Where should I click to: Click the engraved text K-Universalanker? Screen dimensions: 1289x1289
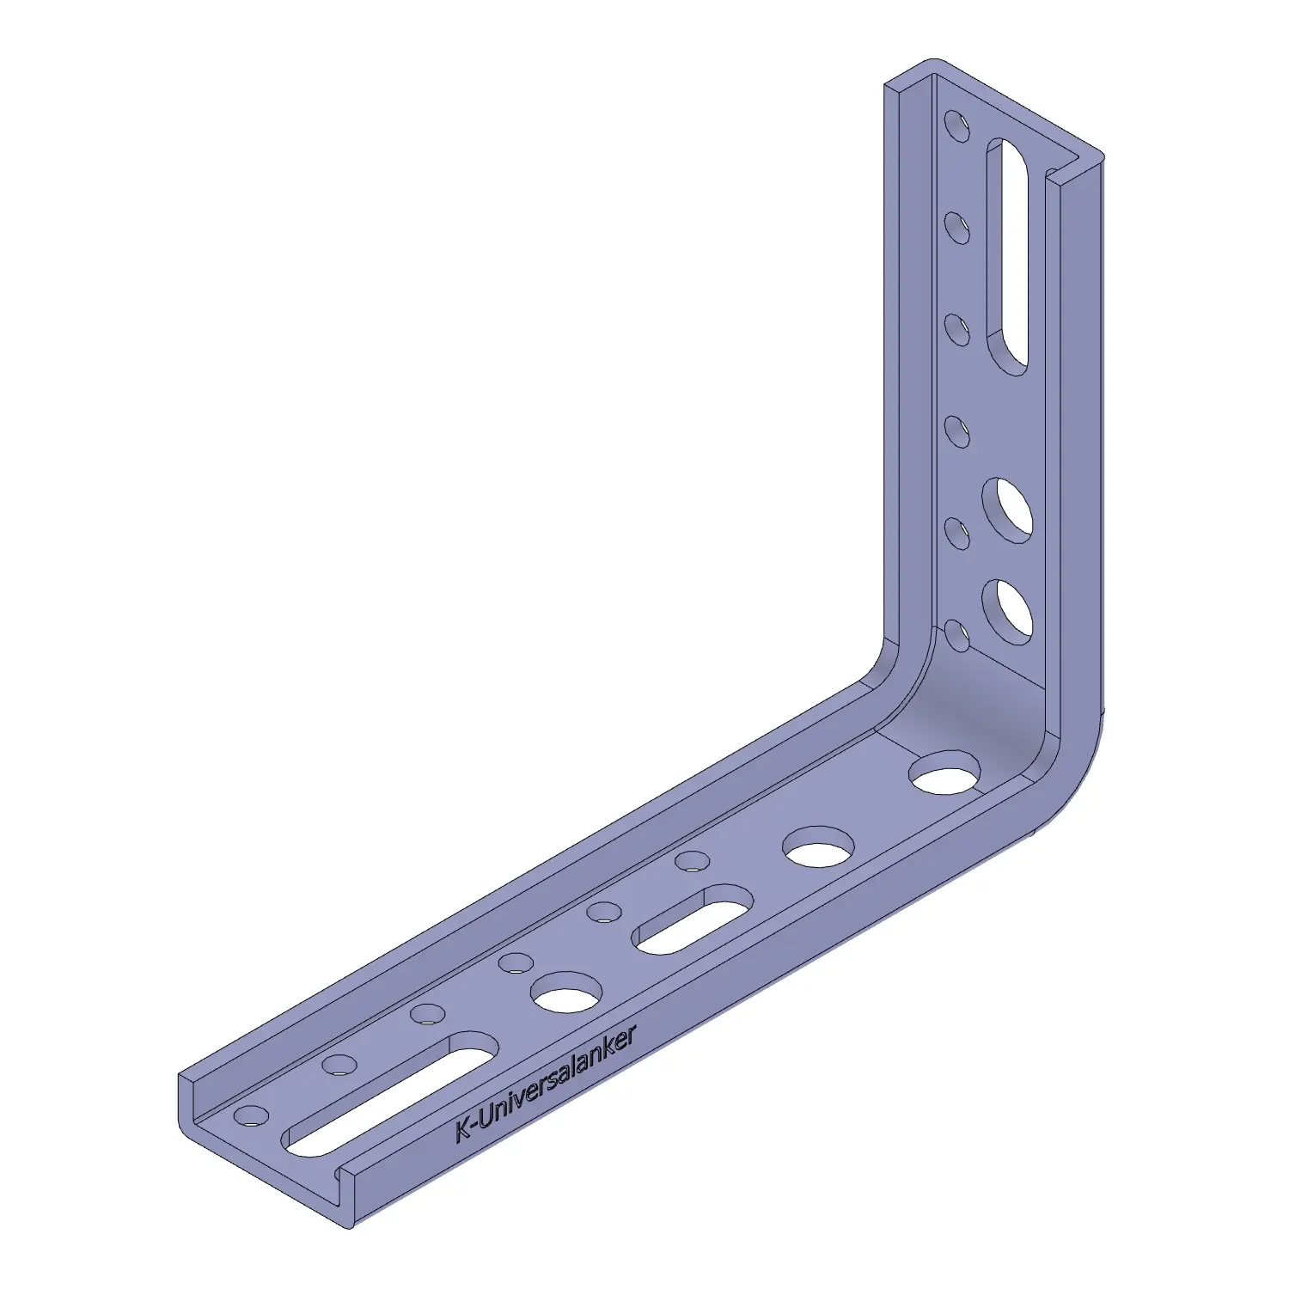(x=546, y=1083)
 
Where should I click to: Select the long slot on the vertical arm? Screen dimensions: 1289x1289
(x=1007, y=256)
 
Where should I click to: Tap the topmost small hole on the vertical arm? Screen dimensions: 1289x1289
(x=956, y=124)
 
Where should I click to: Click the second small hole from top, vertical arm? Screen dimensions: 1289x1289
(x=956, y=228)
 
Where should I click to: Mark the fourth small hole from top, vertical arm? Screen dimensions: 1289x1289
(x=957, y=431)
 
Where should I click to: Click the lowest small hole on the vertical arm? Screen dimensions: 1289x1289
(x=957, y=636)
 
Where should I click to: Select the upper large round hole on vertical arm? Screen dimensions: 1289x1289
(x=1007, y=510)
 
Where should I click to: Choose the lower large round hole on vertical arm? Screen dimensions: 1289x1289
(x=1007, y=612)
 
